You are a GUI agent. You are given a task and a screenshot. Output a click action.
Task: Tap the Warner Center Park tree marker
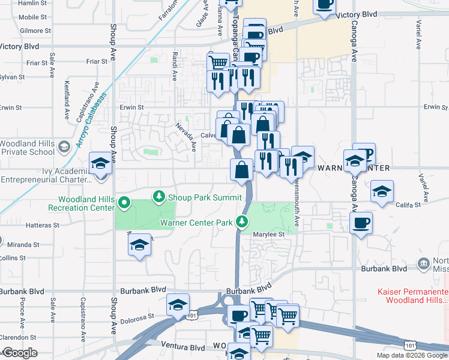pos(242,223)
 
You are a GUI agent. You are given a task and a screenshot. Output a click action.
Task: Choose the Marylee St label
pos(268,234)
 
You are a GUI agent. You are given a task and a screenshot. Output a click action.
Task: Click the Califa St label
pos(410,205)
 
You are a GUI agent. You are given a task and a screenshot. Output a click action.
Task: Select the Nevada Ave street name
pos(186,137)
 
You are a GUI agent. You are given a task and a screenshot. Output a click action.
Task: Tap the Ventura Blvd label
pos(182,346)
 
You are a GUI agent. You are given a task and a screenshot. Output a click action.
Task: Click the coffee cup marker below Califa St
pos(361,223)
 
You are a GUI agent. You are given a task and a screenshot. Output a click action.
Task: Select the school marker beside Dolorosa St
pos(178,305)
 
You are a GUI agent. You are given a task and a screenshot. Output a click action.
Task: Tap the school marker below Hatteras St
pos(140,245)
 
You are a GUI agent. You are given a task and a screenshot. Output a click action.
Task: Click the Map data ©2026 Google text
pos(412,355)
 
